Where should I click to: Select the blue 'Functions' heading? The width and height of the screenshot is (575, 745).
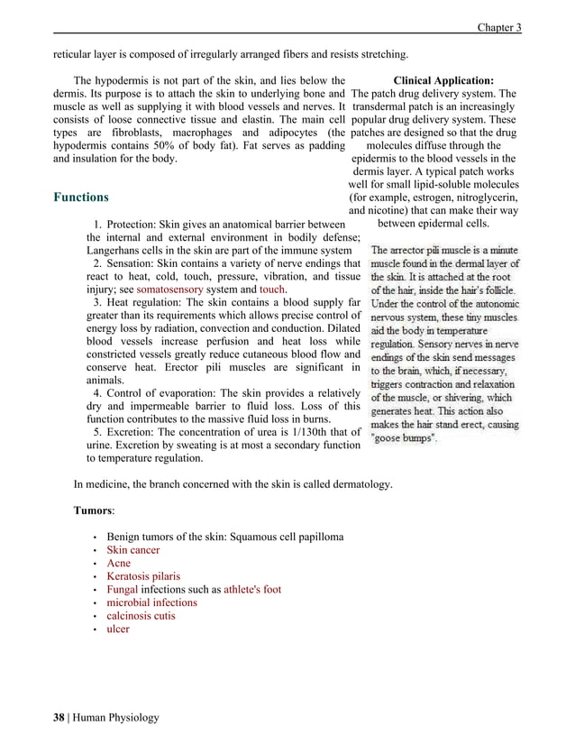[81, 198]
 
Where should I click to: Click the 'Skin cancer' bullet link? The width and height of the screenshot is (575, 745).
[133, 549]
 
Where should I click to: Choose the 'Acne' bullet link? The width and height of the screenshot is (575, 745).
[118, 563]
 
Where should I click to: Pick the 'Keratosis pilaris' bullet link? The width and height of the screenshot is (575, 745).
[143, 576]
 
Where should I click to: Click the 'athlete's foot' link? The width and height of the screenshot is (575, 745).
[251, 590]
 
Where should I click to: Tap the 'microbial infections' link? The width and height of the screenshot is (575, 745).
[151, 602]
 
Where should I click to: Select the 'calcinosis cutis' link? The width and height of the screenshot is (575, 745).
[141, 616]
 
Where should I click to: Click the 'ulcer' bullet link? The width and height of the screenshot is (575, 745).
[118, 629]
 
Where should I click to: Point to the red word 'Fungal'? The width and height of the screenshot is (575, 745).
[122, 590]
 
